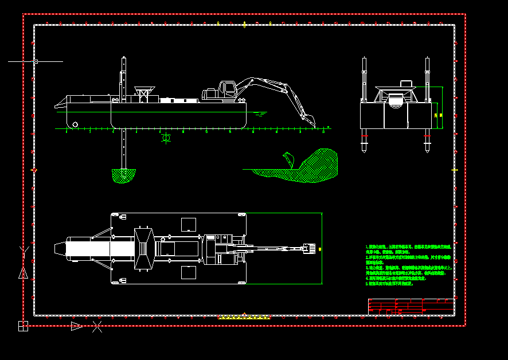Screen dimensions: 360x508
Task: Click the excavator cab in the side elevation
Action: (x=228, y=89)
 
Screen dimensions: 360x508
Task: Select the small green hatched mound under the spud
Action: (x=124, y=175)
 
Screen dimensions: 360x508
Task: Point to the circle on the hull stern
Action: (x=75, y=124)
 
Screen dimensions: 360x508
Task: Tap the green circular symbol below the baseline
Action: (x=166, y=138)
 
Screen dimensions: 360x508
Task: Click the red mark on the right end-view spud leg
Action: (x=428, y=137)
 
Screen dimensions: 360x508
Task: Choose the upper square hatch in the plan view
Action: (x=189, y=224)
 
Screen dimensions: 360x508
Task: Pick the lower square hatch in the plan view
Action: (x=189, y=272)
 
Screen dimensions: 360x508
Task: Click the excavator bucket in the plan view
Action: (x=310, y=249)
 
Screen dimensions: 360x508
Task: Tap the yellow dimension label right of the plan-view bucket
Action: (x=320, y=249)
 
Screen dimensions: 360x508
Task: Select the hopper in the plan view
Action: (x=143, y=248)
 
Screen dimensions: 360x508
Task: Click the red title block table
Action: (x=411, y=307)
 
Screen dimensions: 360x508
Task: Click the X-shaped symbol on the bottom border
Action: (x=97, y=327)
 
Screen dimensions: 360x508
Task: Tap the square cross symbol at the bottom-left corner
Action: (x=23, y=326)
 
